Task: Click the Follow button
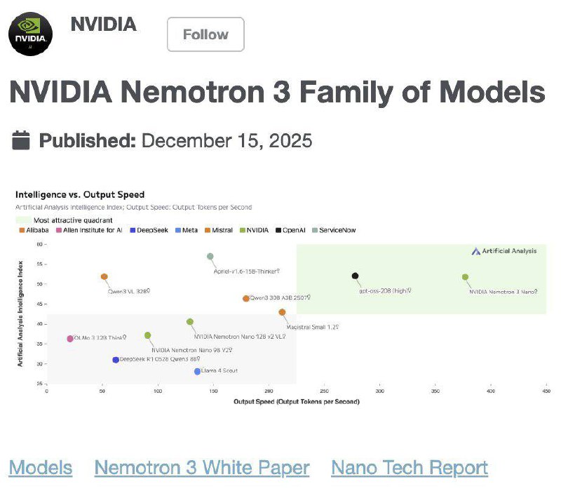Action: click(205, 34)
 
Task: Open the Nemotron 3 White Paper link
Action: click(202, 468)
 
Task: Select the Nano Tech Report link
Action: click(410, 468)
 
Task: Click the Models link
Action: click(41, 468)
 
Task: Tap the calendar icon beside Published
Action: click(22, 140)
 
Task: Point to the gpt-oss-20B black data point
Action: click(356, 276)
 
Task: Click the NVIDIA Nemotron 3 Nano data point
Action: click(465, 277)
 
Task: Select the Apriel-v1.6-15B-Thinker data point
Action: click(210, 257)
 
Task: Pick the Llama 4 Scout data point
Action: click(198, 372)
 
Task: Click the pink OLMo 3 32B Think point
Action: click(69, 339)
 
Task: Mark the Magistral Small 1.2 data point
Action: click(282, 312)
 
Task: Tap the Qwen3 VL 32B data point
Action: click(104, 277)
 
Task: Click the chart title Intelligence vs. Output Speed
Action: click(80, 194)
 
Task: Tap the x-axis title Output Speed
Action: click(297, 402)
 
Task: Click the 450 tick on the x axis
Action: click(546, 391)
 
